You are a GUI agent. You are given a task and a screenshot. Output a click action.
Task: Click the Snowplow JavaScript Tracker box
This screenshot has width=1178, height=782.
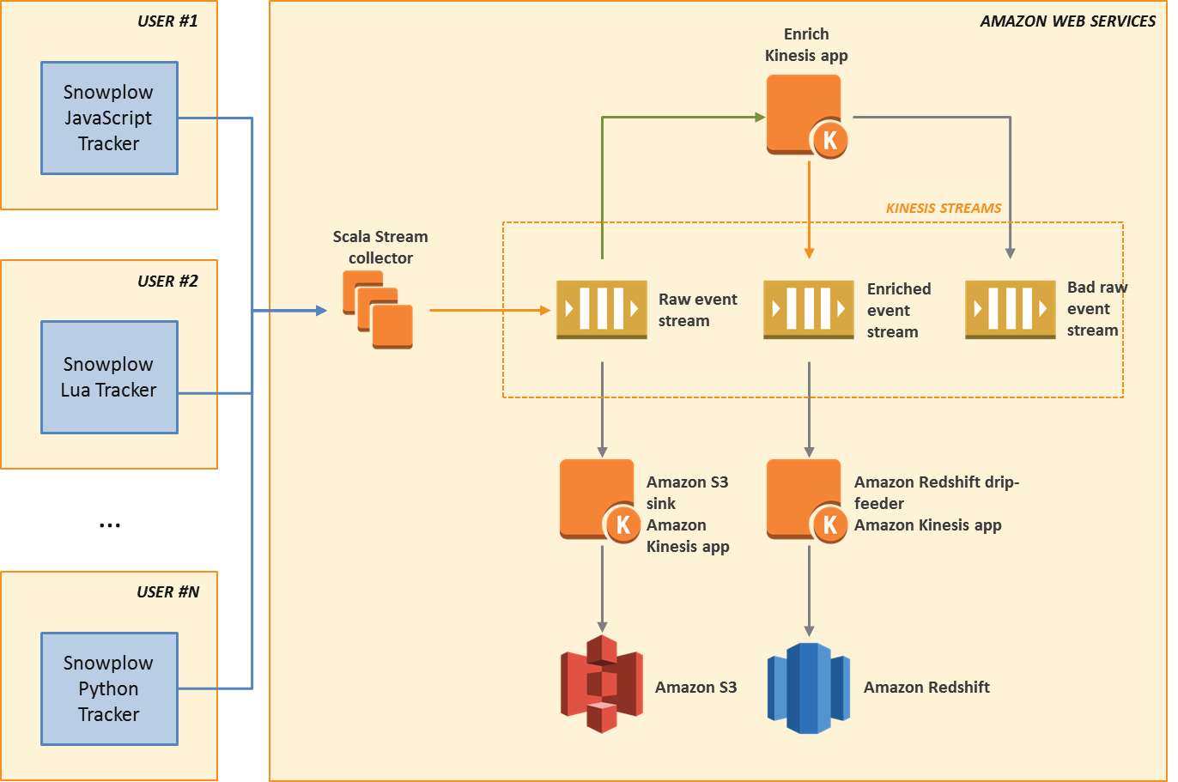109,118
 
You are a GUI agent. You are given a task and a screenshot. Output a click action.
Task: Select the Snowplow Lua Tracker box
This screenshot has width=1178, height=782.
109,377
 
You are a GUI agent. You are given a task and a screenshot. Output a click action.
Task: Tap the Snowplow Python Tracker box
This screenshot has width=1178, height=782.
109,688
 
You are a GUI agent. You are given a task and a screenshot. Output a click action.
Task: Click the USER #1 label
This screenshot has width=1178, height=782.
167,21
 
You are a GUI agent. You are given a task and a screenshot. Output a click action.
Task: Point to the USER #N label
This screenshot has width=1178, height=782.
167,592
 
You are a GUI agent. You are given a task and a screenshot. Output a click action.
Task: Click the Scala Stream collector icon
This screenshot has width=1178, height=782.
378,309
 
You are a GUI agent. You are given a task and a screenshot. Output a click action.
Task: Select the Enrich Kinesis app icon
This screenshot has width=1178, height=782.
805,115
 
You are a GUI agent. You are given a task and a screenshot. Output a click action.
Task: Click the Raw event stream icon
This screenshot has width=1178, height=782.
601,309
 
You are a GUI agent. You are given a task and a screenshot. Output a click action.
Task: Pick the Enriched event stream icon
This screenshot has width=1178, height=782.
808,309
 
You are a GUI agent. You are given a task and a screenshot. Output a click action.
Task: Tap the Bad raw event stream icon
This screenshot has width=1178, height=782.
1010,309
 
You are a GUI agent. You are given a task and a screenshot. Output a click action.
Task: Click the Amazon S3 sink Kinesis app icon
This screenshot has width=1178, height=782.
599,500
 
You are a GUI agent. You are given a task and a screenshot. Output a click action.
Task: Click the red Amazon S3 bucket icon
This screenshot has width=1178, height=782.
601,684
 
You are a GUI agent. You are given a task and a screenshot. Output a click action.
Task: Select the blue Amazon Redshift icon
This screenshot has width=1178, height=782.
808,688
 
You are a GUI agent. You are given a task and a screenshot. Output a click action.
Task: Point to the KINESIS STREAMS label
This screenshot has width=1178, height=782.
944,209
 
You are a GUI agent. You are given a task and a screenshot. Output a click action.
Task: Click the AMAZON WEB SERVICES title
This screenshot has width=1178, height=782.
1067,21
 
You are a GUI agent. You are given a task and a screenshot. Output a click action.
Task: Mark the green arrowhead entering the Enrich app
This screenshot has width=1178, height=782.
760,117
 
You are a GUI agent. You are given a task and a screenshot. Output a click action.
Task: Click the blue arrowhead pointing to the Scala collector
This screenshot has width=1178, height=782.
322,310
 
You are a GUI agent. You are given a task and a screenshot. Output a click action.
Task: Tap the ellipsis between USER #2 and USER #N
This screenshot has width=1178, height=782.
109,525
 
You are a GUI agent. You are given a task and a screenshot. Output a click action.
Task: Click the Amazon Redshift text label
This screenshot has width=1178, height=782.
926,688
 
